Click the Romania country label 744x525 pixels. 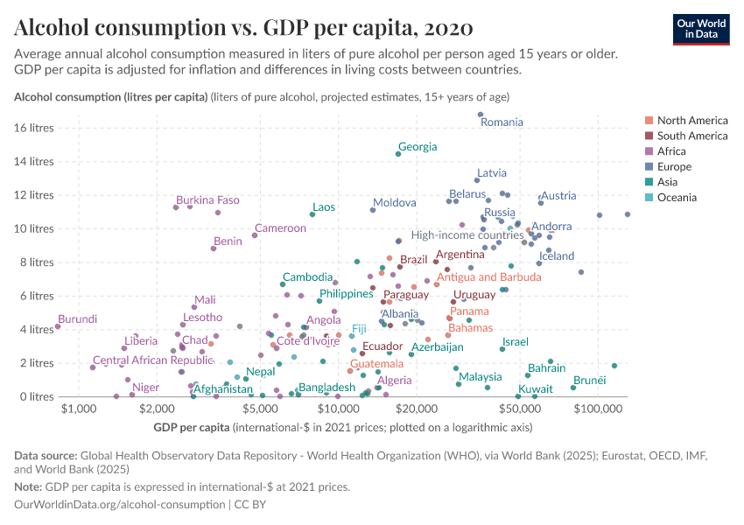502,122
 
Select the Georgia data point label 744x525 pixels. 418,147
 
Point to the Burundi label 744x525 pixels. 78,319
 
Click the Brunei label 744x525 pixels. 589,380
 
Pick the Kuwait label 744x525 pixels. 535,388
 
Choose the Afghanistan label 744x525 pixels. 223,388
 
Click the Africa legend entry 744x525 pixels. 674,151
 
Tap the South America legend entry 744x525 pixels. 691,136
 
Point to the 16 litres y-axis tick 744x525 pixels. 35,128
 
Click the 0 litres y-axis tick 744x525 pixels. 38,396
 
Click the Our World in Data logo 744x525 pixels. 700,29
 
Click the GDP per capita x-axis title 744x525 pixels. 192,427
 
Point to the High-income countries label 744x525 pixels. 467,234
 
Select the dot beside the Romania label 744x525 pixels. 481,115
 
